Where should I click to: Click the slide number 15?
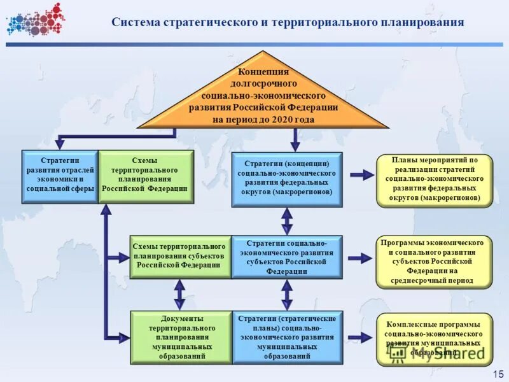click(497, 373)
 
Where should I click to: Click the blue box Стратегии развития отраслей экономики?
click(60, 176)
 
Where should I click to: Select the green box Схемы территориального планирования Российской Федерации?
click(146, 176)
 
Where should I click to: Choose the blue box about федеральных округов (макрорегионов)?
click(286, 179)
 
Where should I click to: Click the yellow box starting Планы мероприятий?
click(435, 181)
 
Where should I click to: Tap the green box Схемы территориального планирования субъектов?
click(180, 257)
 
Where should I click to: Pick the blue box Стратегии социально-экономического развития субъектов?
click(286, 257)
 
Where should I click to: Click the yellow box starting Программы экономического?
click(435, 262)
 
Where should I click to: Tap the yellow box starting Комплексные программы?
click(435, 339)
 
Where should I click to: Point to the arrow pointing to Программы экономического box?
click(361, 257)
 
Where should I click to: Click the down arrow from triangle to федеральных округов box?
click(295, 139)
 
